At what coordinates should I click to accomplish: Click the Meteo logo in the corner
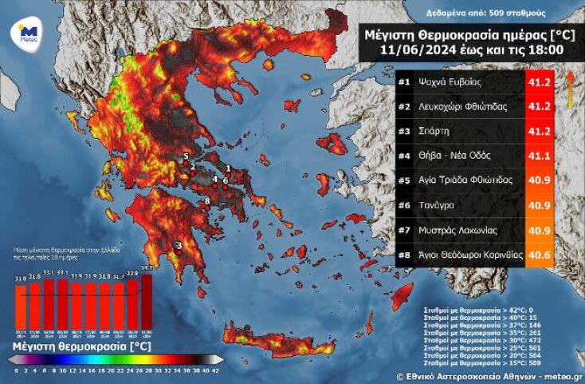27,35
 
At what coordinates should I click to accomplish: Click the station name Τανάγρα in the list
446,205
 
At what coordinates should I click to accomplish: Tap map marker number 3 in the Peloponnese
179,246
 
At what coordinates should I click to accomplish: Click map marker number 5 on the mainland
186,157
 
